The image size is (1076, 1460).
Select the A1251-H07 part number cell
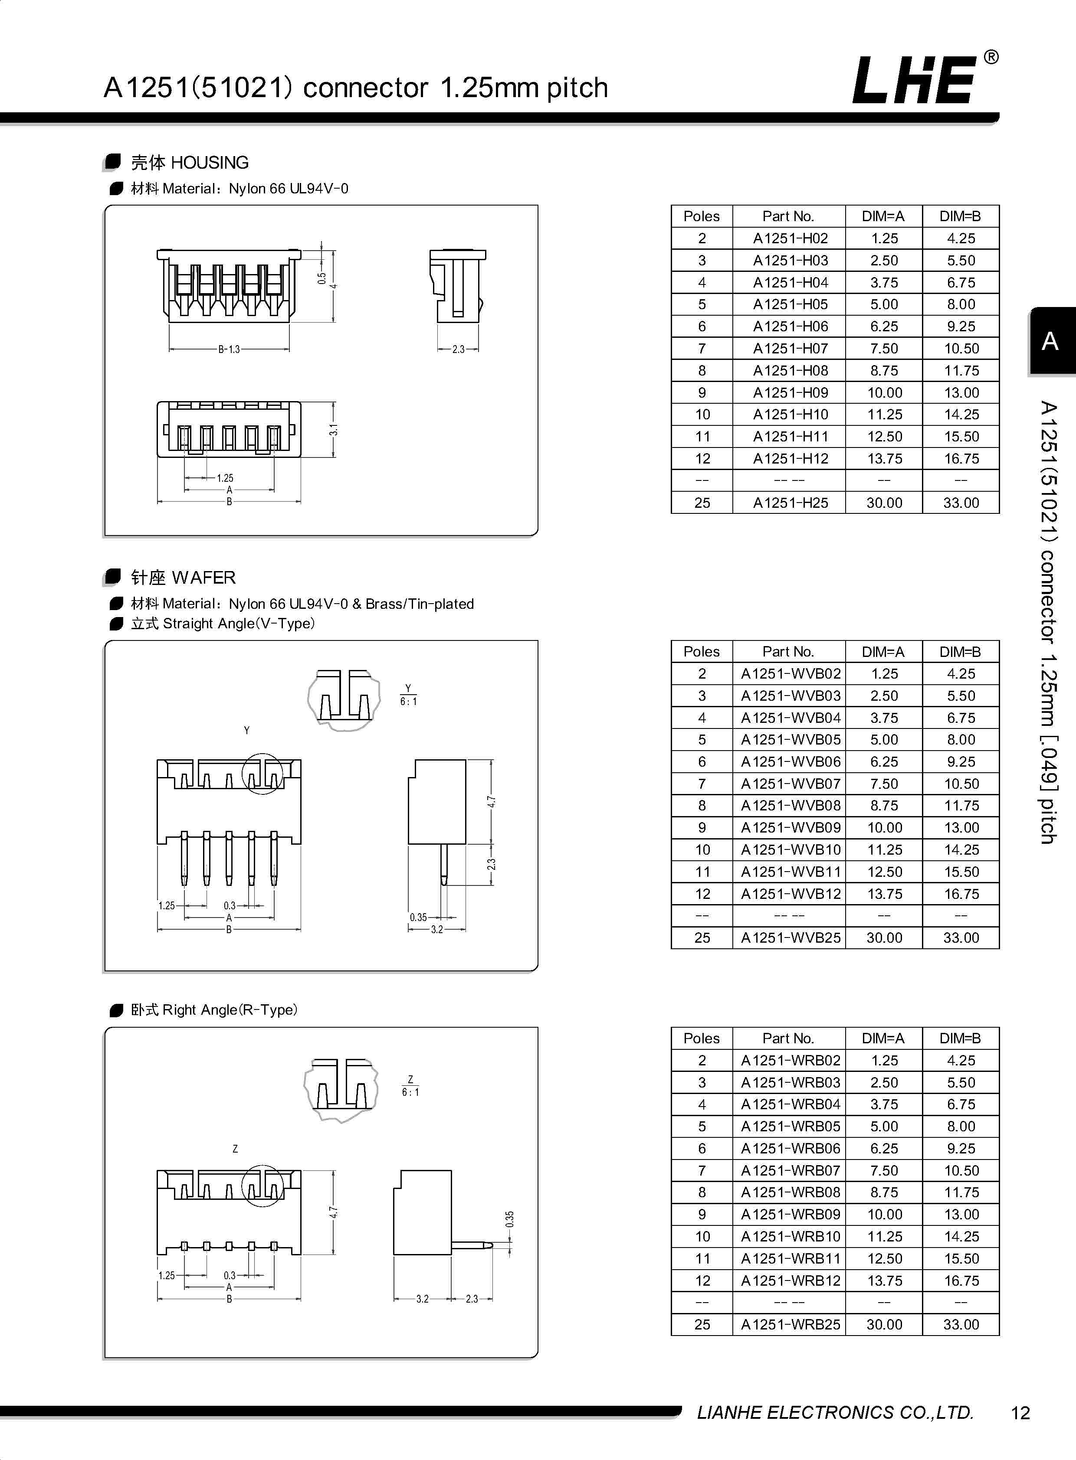coord(790,348)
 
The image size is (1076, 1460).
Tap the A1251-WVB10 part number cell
coord(790,849)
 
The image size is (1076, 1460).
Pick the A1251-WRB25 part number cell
coord(790,1325)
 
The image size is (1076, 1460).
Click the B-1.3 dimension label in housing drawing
coord(229,349)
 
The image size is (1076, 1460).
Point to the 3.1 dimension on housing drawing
coord(334,430)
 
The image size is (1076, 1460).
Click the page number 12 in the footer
coord(1020,1413)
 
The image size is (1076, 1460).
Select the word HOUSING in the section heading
coord(209,163)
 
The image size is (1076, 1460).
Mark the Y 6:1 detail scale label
coord(408,695)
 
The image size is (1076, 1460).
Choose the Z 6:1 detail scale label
coord(410,1086)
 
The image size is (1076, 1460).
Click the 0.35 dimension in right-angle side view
coord(509,1219)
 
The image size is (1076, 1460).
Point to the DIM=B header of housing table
coord(960,216)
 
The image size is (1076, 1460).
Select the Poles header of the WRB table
coord(702,1038)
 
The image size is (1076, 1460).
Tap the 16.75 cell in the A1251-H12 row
coord(961,459)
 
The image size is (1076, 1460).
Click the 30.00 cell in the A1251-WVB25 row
coord(884,938)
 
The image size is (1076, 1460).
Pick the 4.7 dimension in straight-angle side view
coord(492,802)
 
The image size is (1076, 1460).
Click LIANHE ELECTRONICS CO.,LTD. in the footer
coord(835,1412)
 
